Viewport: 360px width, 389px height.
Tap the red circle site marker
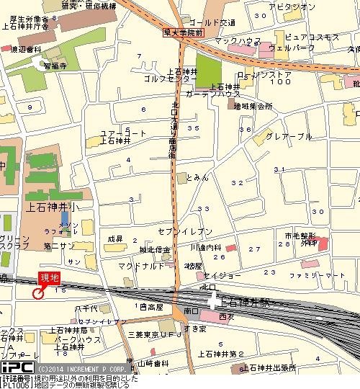37,292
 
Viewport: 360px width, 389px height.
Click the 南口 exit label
191,310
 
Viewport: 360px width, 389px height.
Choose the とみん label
197,176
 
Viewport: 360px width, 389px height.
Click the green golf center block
210,72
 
